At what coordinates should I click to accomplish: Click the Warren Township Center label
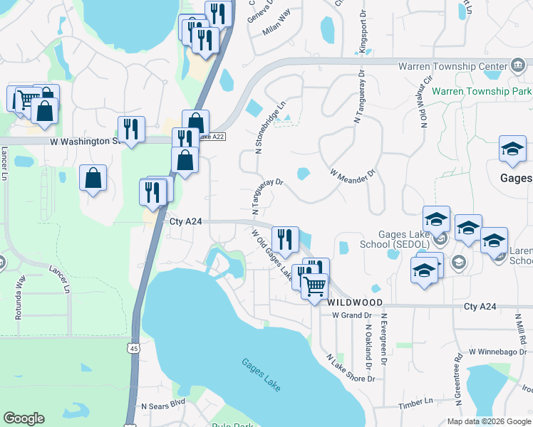click(452, 66)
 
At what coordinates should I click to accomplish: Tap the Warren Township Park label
click(482, 92)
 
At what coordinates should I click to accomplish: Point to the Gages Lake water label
click(261, 374)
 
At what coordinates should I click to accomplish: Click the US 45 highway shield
click(133, 347)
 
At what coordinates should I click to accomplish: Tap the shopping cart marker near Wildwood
click(314, 287)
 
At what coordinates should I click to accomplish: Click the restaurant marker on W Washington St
click(131, 129)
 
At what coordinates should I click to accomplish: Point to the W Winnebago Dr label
click(496, 352)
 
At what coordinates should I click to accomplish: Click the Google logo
click(24, 418)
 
